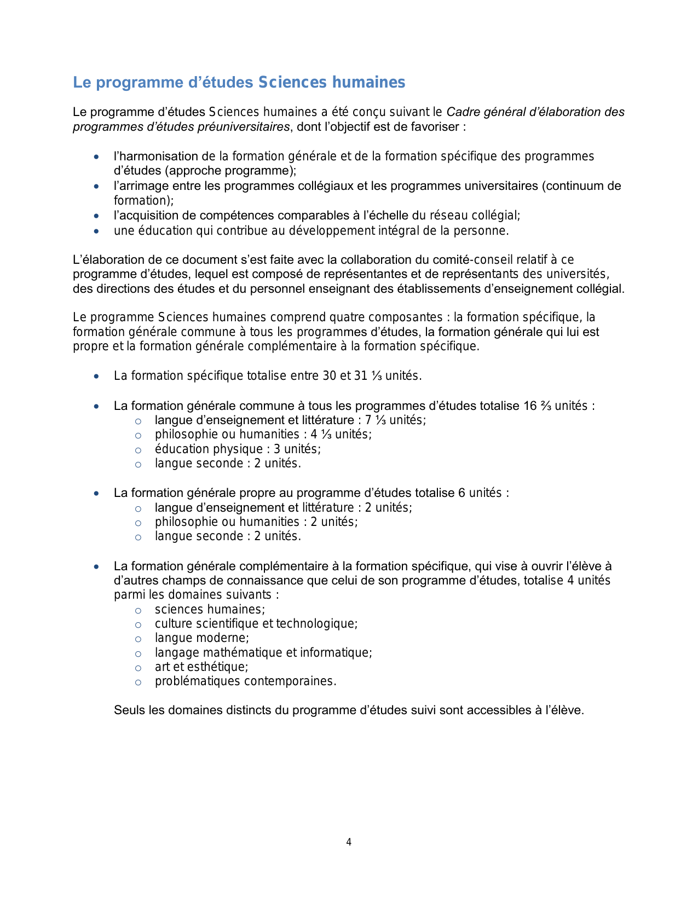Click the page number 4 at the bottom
(349, 842)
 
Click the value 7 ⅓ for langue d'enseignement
(376, 420)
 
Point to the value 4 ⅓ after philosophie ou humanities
(321, 435)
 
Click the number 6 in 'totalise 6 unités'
(462, 493)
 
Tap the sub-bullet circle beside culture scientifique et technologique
(138, 624)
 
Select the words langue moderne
(201, 638)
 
